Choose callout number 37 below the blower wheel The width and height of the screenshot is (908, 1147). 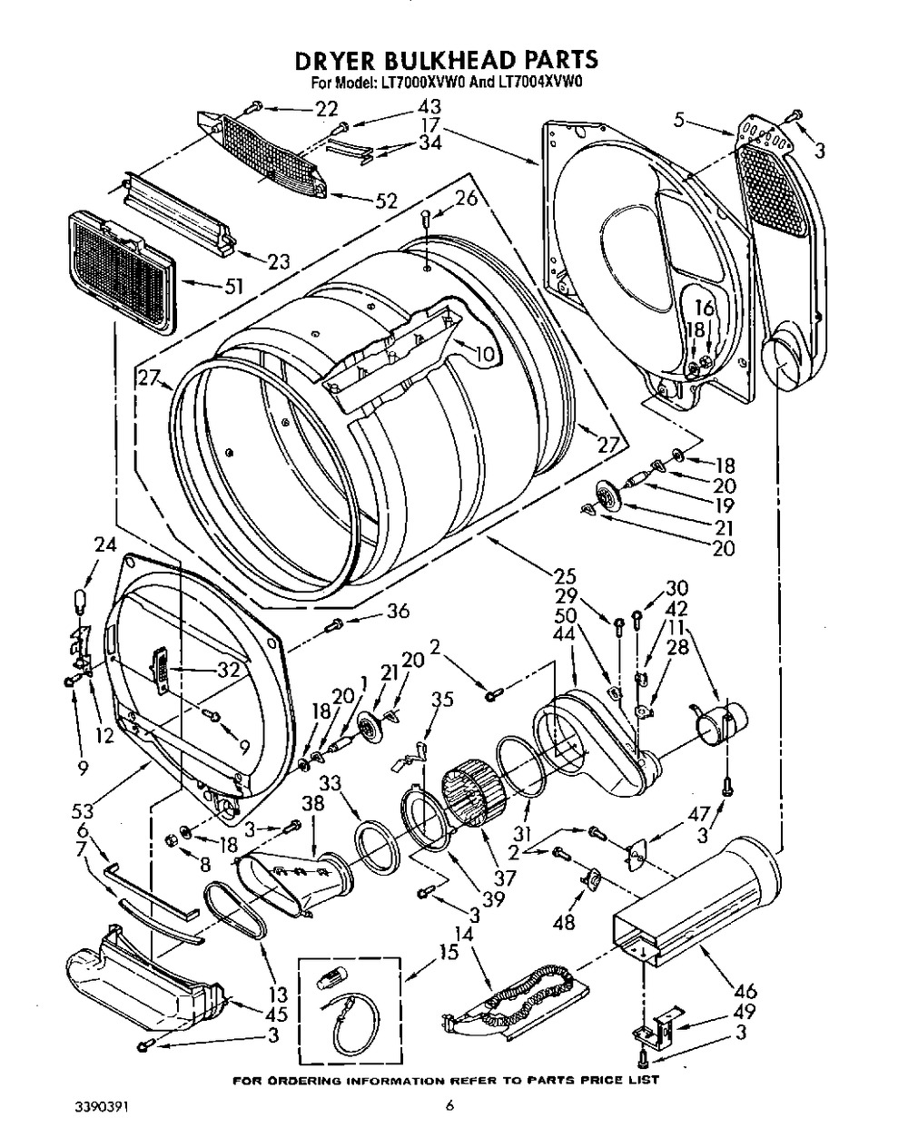(x=505, y=878)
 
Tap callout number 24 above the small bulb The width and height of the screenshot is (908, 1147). (x=105, y=546)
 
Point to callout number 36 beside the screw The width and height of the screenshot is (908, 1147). (x=398, y=612)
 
